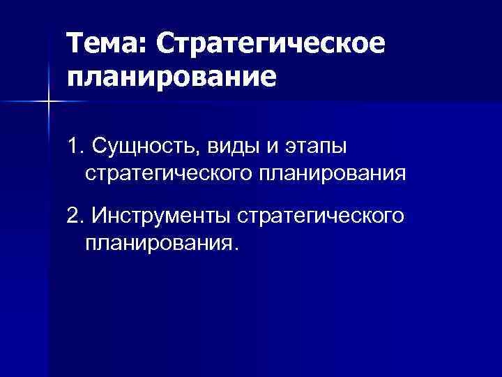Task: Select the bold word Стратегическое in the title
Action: (x=271, y=43)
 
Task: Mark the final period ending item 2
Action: (x=236, y=250)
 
